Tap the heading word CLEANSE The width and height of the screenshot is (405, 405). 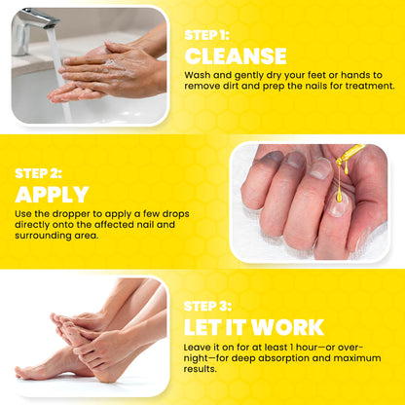coord(236,55)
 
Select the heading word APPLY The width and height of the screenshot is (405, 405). coord(52,194)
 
